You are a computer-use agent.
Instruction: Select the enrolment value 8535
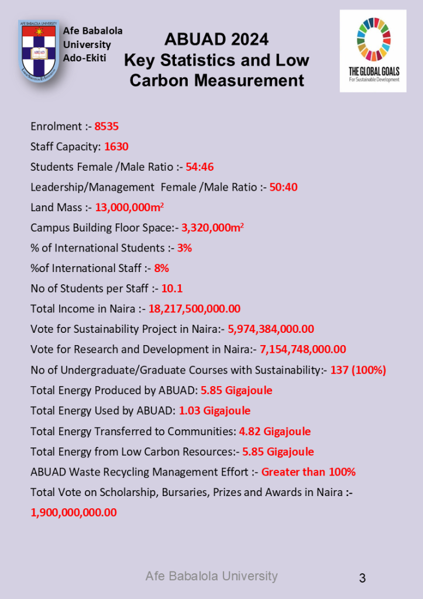(106, 126)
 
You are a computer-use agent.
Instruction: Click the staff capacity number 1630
(116, 147)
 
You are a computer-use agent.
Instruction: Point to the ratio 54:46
(200, 167)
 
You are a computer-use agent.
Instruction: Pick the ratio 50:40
(283, 187)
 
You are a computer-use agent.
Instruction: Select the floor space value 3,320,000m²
(212, 228)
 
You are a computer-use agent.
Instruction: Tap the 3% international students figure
(184, 248)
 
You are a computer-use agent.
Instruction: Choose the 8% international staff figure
(161, 268)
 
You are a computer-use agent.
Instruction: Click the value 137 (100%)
(358, 370)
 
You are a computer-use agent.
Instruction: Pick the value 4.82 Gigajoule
(274, 432)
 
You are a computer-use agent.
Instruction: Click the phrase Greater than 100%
(308, 472)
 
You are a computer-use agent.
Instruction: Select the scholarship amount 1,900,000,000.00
(74, 512)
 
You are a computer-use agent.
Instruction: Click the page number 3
(362, 579)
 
